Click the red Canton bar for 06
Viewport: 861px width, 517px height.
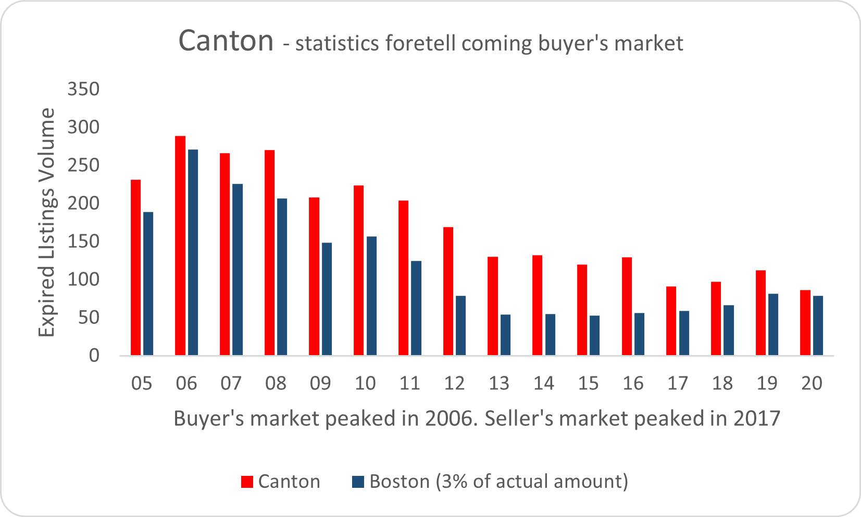pyautogui.click(x=180, y=245)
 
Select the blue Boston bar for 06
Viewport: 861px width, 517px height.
pyautogui.click(x=193, y=252)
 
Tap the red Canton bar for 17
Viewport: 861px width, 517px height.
pyautogui.click(x=671, y=321)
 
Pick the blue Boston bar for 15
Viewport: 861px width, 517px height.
pyautogui.click(x=594, y=335)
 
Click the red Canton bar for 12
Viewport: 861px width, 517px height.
pyautogui.click(x=448, y=291)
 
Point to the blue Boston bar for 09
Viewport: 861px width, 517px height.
pyautogui.click(x=327, y=299)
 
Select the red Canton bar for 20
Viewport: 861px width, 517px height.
pyautogui.click(x=805, y=322)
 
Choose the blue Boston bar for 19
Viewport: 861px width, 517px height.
pyautogui.click(x=773, y=324)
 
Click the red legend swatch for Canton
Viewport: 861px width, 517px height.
pyautogui.click(x=247, y=482)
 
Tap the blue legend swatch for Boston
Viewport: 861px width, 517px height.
pyautogui.click(x=358, y=482)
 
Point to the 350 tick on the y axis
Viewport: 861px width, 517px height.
pyautogui.click(x=83, y=89)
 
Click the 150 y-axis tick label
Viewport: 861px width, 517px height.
pyautogui.click(x=83, y=242)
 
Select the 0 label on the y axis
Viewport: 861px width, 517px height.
pyautogui.click(x=94, y=356)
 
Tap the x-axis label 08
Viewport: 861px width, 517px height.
pyautogui.click(x=276, y=384)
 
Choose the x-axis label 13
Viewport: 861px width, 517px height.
pyautogui.click(x=499, y=384)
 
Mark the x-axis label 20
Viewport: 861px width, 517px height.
pyautogui.click(x=812, y=384)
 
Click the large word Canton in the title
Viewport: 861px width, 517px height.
pyautogui.click(x=226, y=41)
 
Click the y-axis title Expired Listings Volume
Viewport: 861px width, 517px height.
pyautogui.click(x=47, y=222)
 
